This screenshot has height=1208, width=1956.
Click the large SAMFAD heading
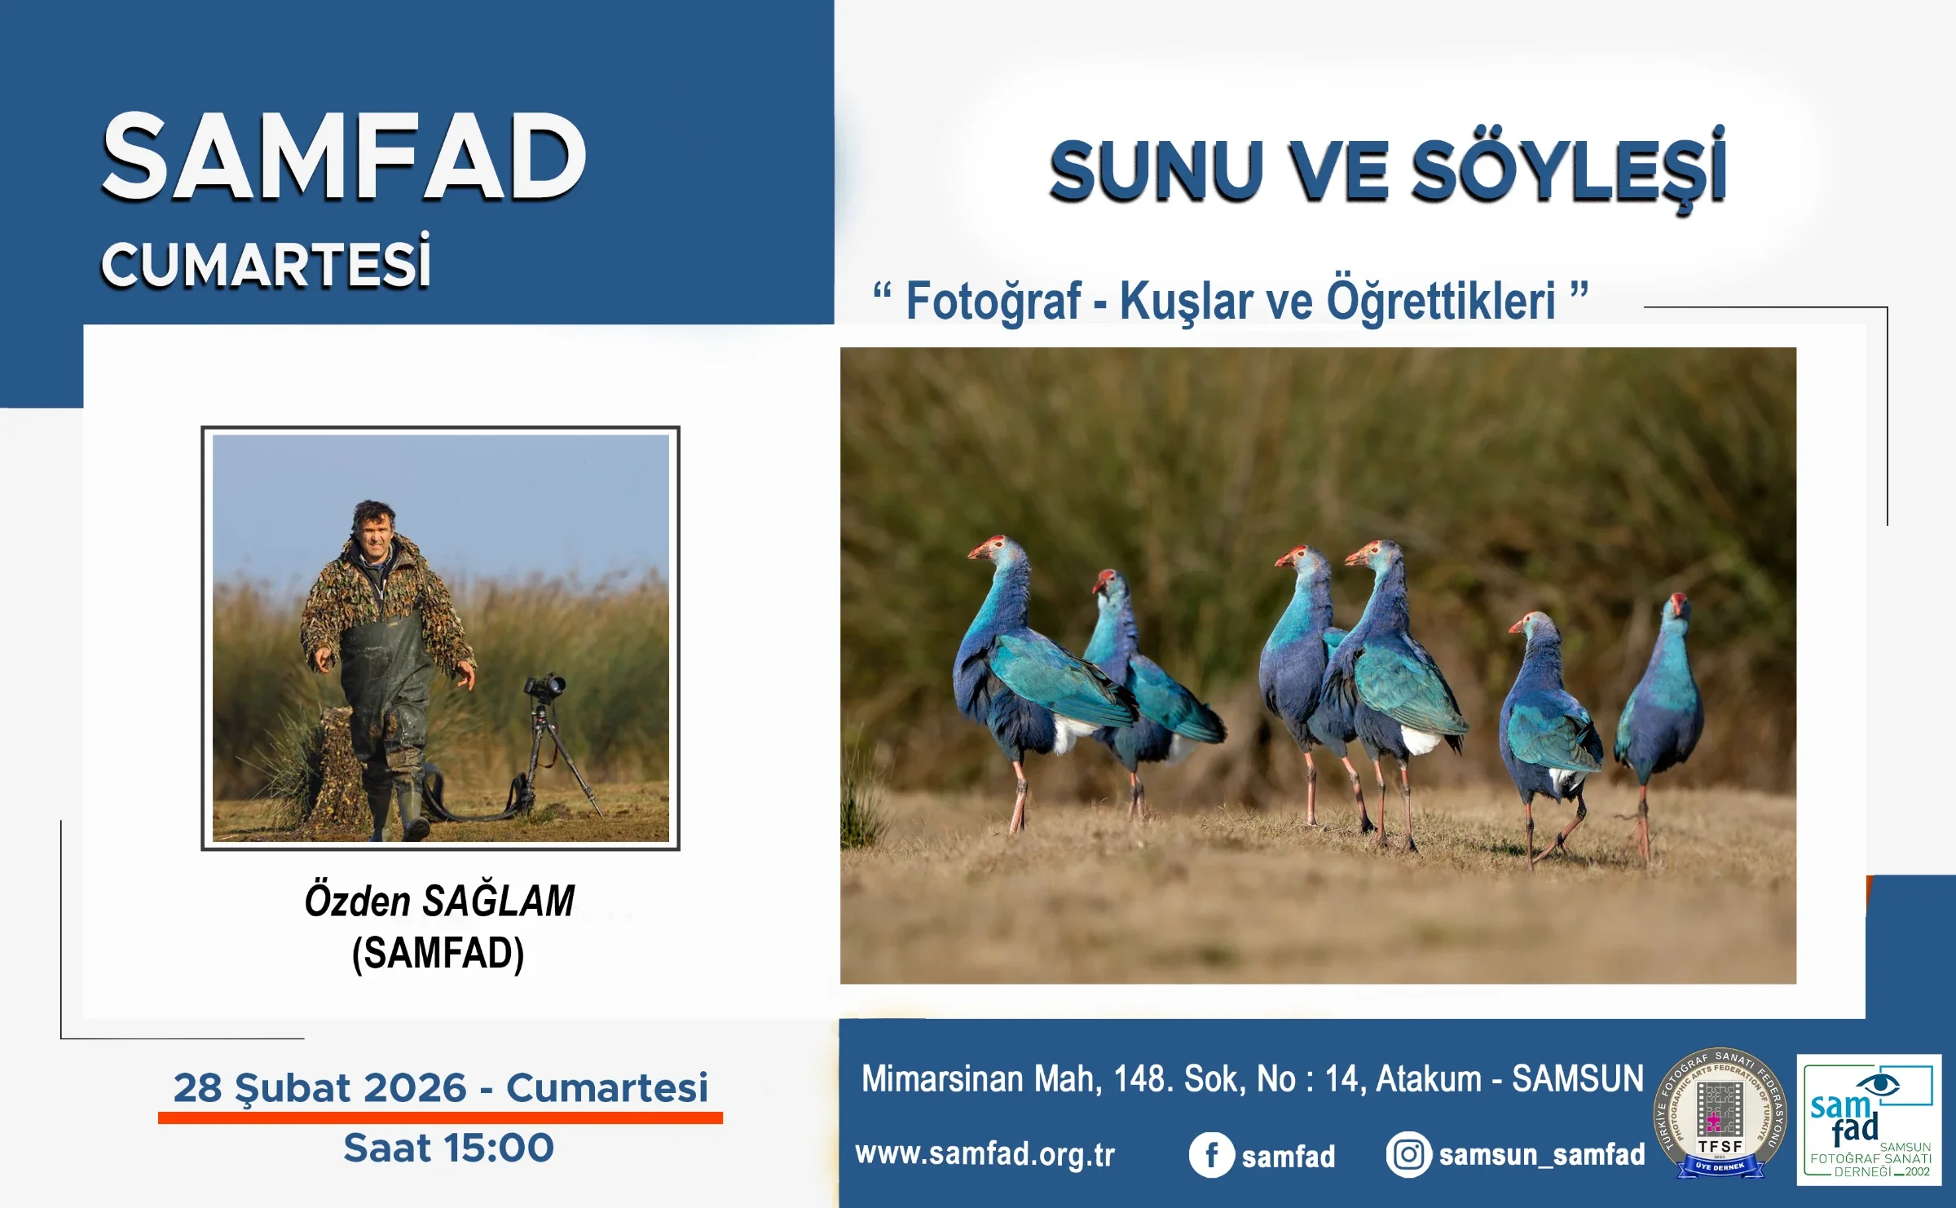343,157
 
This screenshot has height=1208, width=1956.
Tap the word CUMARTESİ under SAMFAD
266,264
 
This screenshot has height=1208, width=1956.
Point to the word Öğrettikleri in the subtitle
1441,302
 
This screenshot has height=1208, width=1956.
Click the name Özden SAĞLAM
439,902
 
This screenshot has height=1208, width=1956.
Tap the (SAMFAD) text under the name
438,953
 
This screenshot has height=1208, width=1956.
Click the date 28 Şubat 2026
319,1087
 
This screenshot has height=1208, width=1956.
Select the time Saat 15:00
448,1148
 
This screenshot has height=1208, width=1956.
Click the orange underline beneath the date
440,1118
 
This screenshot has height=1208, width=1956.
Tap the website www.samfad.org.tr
985,1154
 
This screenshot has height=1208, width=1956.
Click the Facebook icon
1211,1155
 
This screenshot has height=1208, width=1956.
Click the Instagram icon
1408,1155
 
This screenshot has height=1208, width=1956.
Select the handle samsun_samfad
1542,1155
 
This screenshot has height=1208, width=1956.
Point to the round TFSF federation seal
1720,1113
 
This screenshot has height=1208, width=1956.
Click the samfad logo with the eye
1868,1118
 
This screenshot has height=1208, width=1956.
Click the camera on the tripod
544,687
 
